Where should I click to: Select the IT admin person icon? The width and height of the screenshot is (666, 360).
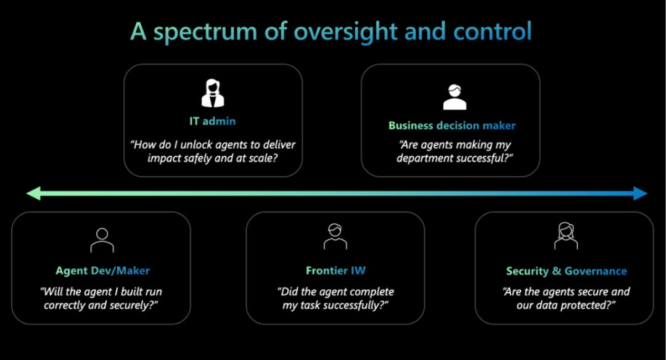click(x=213, y=92)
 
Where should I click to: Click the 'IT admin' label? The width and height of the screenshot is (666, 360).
click(x=213, y=122)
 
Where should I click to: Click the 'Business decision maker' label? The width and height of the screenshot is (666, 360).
click(x=452, y=126)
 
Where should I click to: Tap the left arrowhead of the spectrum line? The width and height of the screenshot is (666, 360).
click(x=33, y=194)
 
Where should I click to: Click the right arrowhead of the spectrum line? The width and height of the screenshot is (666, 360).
click(x=640, y=194)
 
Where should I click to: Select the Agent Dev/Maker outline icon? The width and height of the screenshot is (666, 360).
click(x=102, y=240)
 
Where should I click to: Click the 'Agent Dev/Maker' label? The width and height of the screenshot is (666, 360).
click(x=103, y=271)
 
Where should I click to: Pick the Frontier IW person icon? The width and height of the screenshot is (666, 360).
click(x=334, y=237)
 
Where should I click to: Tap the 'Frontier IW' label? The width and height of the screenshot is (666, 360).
click(x=334, y=271)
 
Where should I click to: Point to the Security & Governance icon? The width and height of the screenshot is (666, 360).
click(x=565, y=237)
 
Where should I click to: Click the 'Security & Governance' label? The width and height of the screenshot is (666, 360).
click(x=566, y=271)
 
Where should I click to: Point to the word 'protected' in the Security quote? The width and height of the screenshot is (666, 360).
click(x=581, y=305)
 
